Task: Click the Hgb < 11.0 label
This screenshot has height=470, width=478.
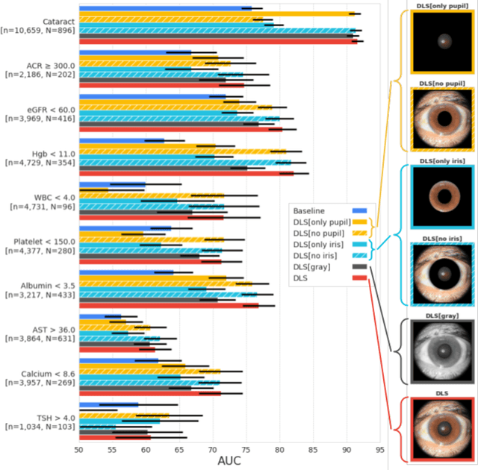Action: (49, 154)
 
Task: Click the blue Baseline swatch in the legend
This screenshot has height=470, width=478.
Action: (358, 211)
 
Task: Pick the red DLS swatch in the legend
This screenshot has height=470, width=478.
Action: (358, 278)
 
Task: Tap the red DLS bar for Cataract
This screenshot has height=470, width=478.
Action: (217, 42)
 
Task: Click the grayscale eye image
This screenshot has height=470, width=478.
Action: (434, 351)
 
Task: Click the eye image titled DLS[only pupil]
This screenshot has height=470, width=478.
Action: (434, 43)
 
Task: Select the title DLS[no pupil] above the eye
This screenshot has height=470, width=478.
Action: (434, 83)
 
